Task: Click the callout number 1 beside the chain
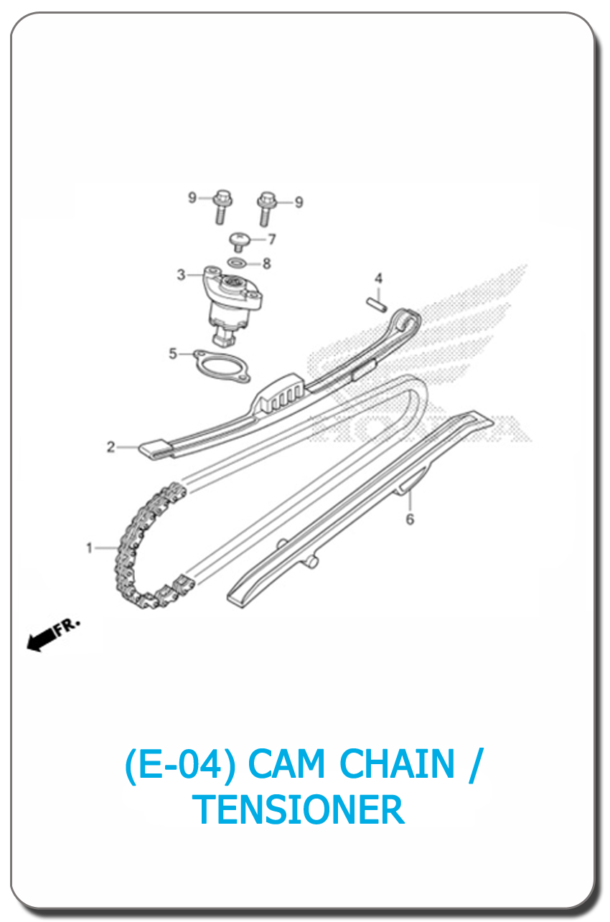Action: tap(89, 548)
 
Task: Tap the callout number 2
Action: tap(111, 447)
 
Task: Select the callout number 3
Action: tap(181, 275)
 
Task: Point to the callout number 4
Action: tap(378, 278)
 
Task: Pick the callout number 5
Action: tap(173, 353)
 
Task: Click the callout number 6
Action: tap(410, 519)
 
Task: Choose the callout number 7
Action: tap(272, 239)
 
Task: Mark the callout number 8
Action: tap(267, 263)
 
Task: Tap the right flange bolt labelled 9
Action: tap(266, 209)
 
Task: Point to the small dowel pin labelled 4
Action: tap(377, 305)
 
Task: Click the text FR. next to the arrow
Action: tap(67, 627)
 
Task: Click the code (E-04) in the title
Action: tap(180, 764)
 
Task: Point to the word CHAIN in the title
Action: tap(397, 763)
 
